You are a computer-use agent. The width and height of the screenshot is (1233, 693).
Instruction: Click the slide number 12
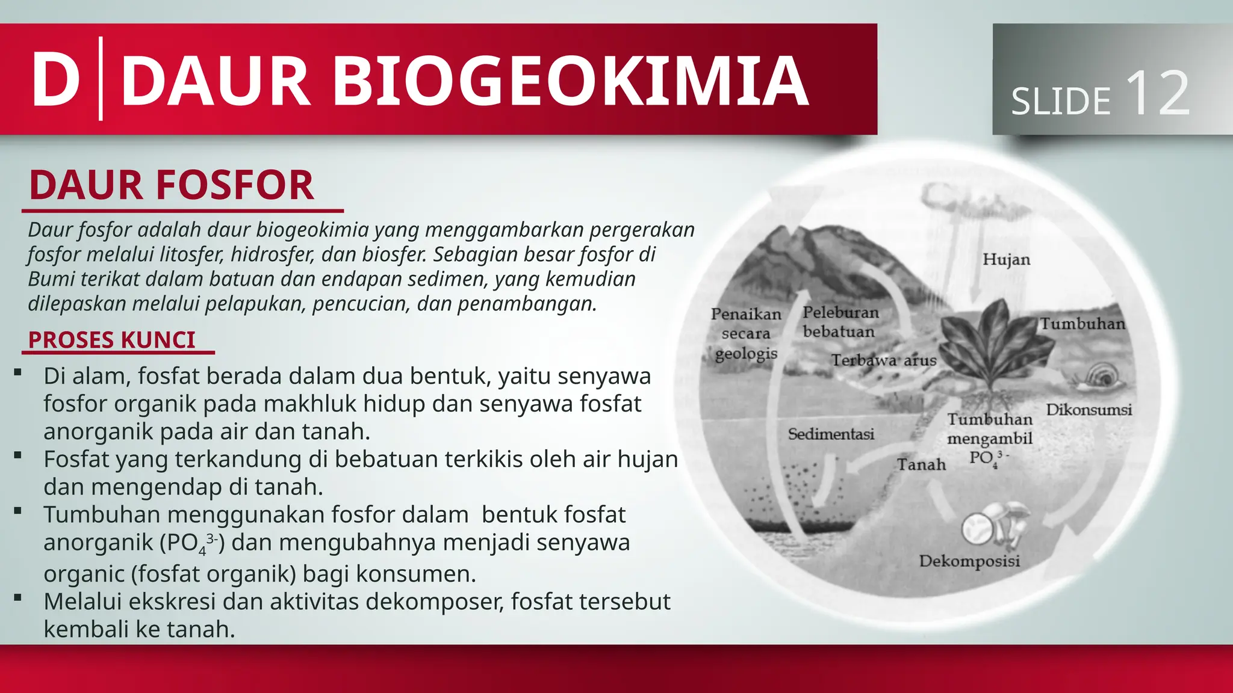(x=1157, y=94)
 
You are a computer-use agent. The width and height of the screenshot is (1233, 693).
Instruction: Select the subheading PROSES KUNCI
(x=112, y=340)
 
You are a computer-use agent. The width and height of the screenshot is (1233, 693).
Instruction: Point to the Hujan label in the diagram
(x=1006, y=259)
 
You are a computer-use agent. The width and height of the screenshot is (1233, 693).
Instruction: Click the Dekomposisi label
(x=969, y=561)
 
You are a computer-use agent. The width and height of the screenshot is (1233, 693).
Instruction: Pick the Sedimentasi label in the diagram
(x=831, y=434)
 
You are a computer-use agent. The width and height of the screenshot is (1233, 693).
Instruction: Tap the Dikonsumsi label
(x=1089, y=410)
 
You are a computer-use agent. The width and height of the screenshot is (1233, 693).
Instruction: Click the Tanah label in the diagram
(x=921, y=464)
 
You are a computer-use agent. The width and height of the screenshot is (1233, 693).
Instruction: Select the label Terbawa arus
(x=884, y=360)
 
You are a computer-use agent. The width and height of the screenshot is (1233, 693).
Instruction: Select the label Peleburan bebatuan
(x=840, y=322)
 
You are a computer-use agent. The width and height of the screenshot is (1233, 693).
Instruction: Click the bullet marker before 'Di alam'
(x=17, y=374)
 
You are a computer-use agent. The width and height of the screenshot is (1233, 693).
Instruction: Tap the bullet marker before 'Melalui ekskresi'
(x=17, y=599)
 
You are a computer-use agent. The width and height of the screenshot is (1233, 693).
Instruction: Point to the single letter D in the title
(x=55, y=81)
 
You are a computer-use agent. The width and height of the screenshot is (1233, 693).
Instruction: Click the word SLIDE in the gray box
(x=1060, y=101)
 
